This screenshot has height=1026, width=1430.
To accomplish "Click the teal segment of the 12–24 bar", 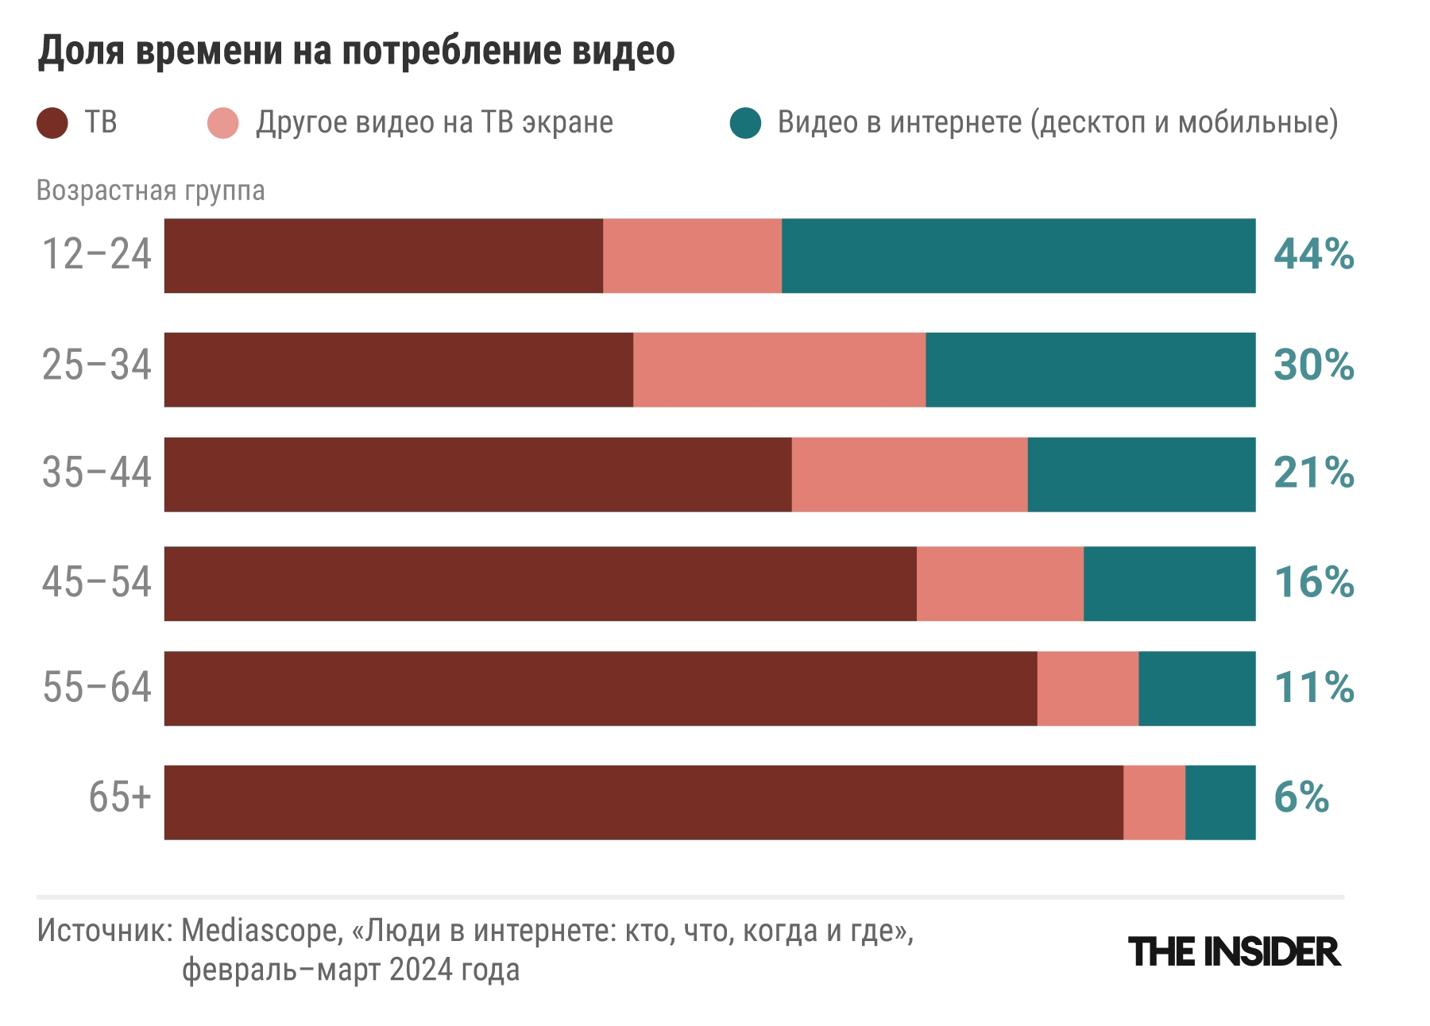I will pos(1018,256).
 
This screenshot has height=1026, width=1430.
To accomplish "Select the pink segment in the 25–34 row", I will pos(779,370).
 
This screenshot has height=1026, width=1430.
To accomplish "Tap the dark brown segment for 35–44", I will pos(477,474).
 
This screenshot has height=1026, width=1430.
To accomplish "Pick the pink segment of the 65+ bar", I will pos(1154,802).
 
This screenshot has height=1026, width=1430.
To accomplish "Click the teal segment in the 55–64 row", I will pos(1196,688).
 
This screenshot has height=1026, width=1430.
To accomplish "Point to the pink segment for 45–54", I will pos(999,584).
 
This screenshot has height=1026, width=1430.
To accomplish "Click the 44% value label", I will pos(1313,255).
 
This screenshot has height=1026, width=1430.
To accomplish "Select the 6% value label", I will pos(1301,797).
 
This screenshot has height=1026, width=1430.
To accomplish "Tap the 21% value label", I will pos(1313,473).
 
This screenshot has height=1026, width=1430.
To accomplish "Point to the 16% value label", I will pos(1313,582).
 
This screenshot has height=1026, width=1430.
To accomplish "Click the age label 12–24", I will pos(96,255).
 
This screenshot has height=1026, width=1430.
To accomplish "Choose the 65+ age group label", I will pos(119,796).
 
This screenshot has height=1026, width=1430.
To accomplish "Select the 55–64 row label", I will pos(96,687).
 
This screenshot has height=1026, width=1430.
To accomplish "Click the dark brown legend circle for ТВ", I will pos(52,123).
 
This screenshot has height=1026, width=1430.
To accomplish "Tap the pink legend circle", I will pos(222,123).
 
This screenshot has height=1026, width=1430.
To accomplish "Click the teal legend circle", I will pos(745,123).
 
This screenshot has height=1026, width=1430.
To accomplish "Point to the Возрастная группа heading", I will pos(150,191).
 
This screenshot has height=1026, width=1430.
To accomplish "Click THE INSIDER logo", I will pos(1234,952).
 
